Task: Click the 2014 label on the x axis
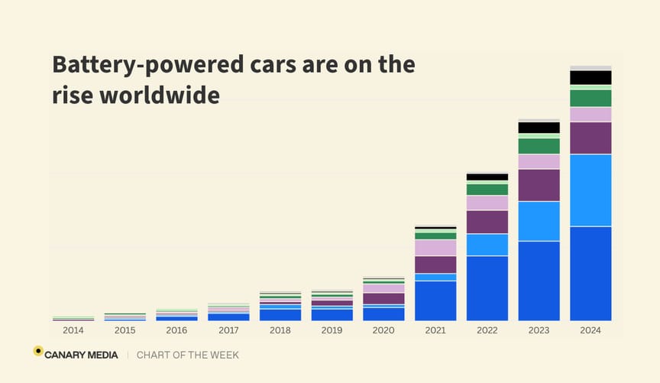73,331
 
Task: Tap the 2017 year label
228,331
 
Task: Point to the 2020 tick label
383,331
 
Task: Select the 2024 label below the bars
590,331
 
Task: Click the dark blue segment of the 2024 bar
590,273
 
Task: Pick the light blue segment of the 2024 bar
590,190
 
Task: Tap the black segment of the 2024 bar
590,77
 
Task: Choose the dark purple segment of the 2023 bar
539,185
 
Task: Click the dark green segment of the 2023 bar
539,146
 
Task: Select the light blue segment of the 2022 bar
487,245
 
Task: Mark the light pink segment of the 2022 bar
487,203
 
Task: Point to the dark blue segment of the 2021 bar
435,300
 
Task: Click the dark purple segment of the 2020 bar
383,298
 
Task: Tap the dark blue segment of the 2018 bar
280,314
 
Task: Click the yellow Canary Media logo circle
38,351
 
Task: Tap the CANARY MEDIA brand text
82,355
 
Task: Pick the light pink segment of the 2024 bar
590,115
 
